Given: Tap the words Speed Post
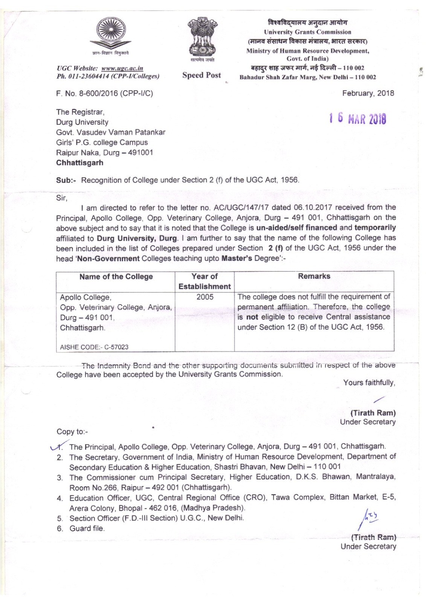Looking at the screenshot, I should point(202,75).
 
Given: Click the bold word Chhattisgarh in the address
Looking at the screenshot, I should point(79,163).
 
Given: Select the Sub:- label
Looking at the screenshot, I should point(66,180).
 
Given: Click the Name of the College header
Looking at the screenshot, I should point(116,277).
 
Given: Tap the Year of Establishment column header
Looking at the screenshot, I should point(205,281).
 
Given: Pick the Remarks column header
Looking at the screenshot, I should point(314,276).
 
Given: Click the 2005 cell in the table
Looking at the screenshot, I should point(205,297).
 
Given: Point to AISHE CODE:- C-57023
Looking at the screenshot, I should point(95,347).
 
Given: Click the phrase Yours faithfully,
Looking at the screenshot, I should point(369,383).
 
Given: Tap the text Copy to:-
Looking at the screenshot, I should point(72,432).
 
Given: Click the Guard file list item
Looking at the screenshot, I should point(87,528).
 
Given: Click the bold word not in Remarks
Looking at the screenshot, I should point(252,317).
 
